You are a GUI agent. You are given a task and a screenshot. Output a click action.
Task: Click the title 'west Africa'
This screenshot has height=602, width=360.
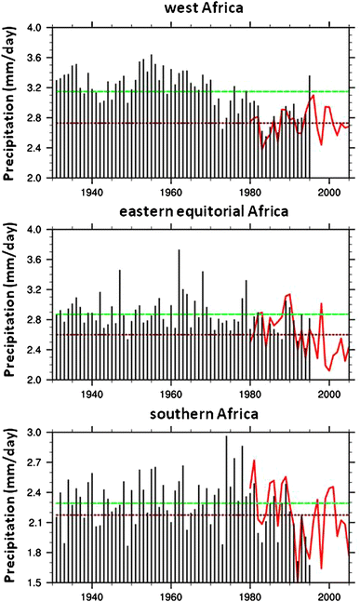pos(202,10)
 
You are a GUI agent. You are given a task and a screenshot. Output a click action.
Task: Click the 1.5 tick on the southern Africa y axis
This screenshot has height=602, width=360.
pos(35,582)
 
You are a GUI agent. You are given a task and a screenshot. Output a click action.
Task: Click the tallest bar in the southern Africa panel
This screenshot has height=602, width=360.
pos(226,436)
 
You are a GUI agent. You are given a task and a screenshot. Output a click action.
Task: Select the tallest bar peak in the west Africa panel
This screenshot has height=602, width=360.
pos(151,56)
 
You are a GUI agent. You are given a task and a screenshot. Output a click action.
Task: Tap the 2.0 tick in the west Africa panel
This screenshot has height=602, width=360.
pos(35,177)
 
